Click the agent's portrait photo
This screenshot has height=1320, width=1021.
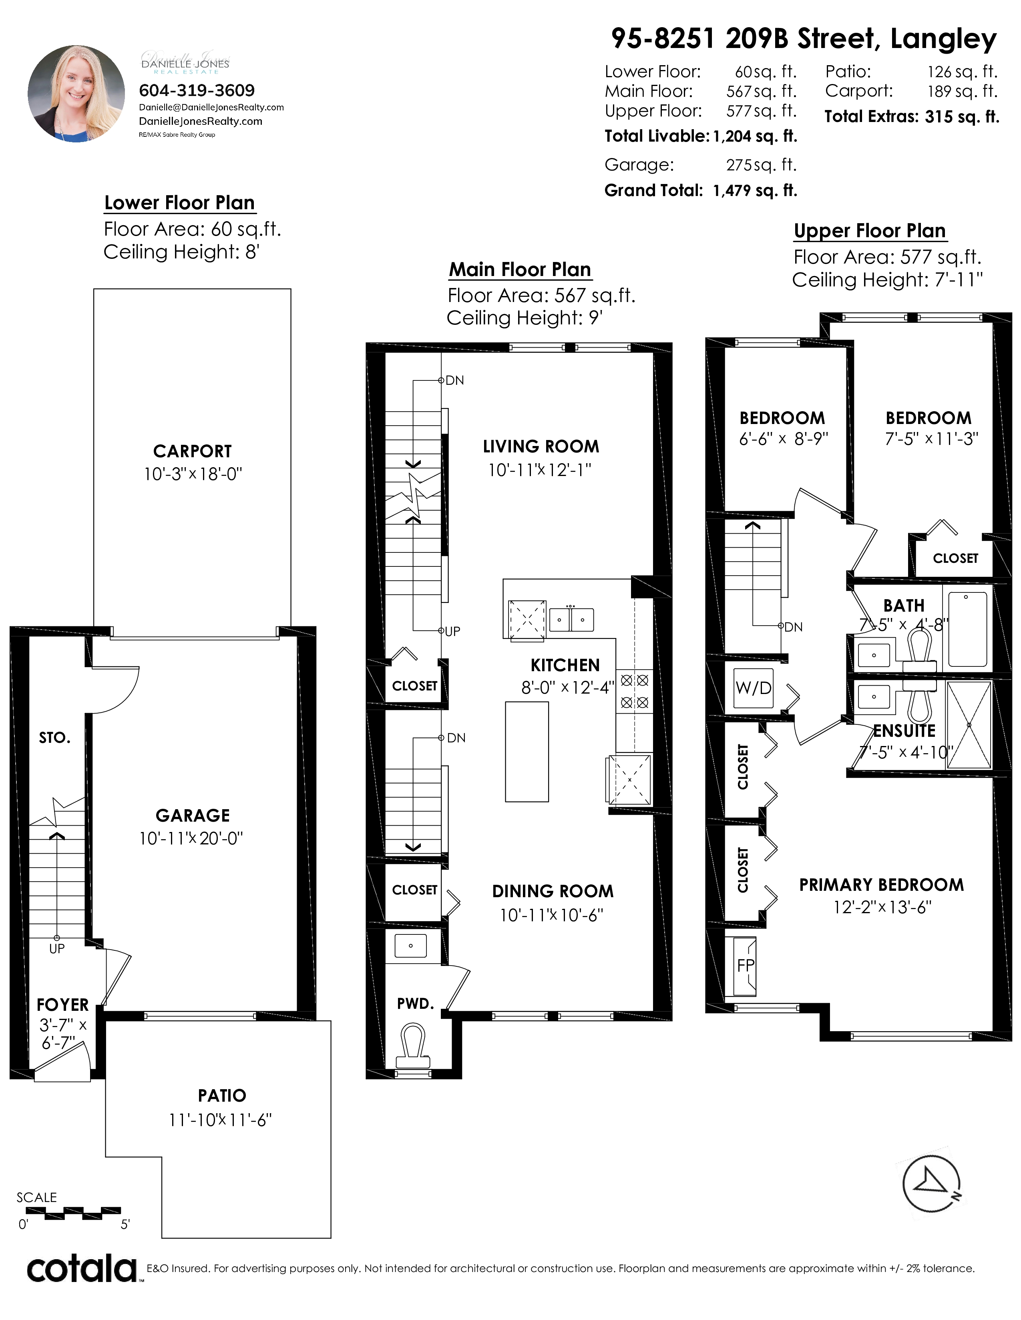pyautogui.click(x=76, y=94)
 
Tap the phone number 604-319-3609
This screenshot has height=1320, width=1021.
pyautogui.click(x=197, y=91)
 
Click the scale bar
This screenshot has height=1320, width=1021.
pyautogui.click(x=74, y=1211)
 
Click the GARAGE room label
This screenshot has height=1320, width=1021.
pyautogui.click(x=192, y=815)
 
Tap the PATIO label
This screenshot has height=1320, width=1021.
pyautogui.click(x=222, y=1095)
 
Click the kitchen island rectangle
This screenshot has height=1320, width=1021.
pyautogui.click(x=527, y=751)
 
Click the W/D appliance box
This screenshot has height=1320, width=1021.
pyautogui.click(x=754, y=688)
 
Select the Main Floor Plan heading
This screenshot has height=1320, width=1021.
pyautogui.click(x=520, y=270)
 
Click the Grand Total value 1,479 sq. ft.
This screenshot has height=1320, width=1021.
pyautogui.click(x=755, y=190)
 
